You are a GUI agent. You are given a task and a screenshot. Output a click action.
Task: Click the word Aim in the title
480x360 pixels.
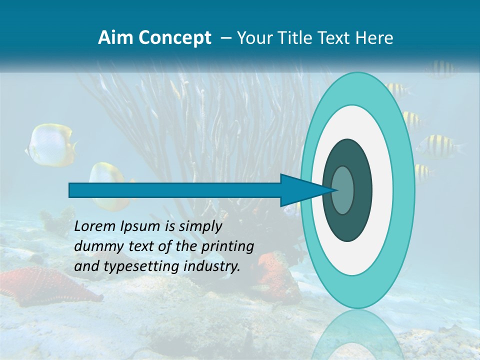tap(115, 38)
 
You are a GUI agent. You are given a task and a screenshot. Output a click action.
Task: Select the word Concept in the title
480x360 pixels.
tap(174, 38)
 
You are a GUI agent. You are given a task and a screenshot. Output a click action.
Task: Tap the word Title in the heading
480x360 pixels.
tap(293, 38)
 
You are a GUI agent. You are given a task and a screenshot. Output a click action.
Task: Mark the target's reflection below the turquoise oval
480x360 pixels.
tap(357, 335)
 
